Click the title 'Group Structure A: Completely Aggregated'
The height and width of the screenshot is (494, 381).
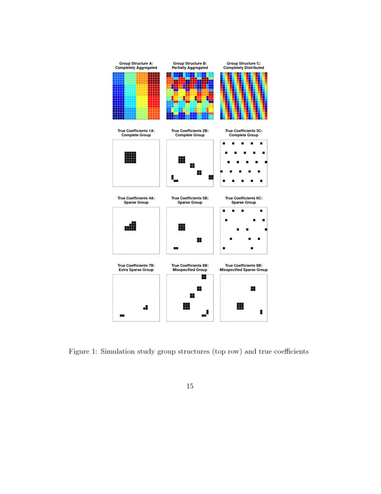tap(136, 66)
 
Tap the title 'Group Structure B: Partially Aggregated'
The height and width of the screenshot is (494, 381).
tap(190, 66)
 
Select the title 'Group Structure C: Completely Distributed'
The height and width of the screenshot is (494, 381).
tap(243, 66)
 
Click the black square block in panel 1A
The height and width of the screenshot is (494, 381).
tap(130, 157)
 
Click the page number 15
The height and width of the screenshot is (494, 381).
tap(190, 386)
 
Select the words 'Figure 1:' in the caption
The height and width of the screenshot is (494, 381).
tap(82, 351)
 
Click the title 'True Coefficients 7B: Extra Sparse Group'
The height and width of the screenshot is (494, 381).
tap(136, 268)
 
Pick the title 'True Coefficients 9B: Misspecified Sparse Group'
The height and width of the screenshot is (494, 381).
tap(243, 268)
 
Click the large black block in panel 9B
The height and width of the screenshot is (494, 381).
tap(240, 306)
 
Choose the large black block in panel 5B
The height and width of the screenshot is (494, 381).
tap(182, 227)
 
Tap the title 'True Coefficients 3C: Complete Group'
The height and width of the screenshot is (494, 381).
tap(243, 133)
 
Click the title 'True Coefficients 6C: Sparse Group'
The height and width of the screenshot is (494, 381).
tap(243, 200)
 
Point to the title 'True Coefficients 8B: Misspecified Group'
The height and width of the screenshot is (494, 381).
tap(190, 268)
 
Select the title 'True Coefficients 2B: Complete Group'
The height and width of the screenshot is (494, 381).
tap(190, 133)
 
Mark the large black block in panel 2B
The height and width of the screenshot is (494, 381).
tap(182, 159)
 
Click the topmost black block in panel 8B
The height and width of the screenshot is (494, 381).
tap(204, 277)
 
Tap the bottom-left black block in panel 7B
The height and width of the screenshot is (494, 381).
tap(122, 316)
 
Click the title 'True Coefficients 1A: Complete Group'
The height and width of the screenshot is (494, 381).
tap(136, 133)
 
